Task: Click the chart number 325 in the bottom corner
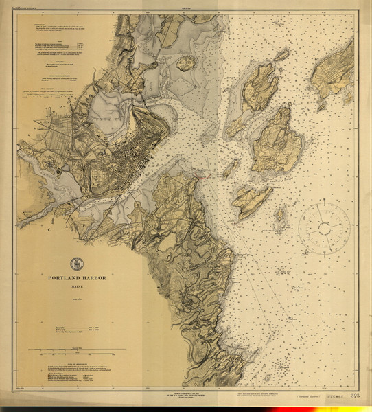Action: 354,396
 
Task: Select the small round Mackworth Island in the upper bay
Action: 186,64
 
